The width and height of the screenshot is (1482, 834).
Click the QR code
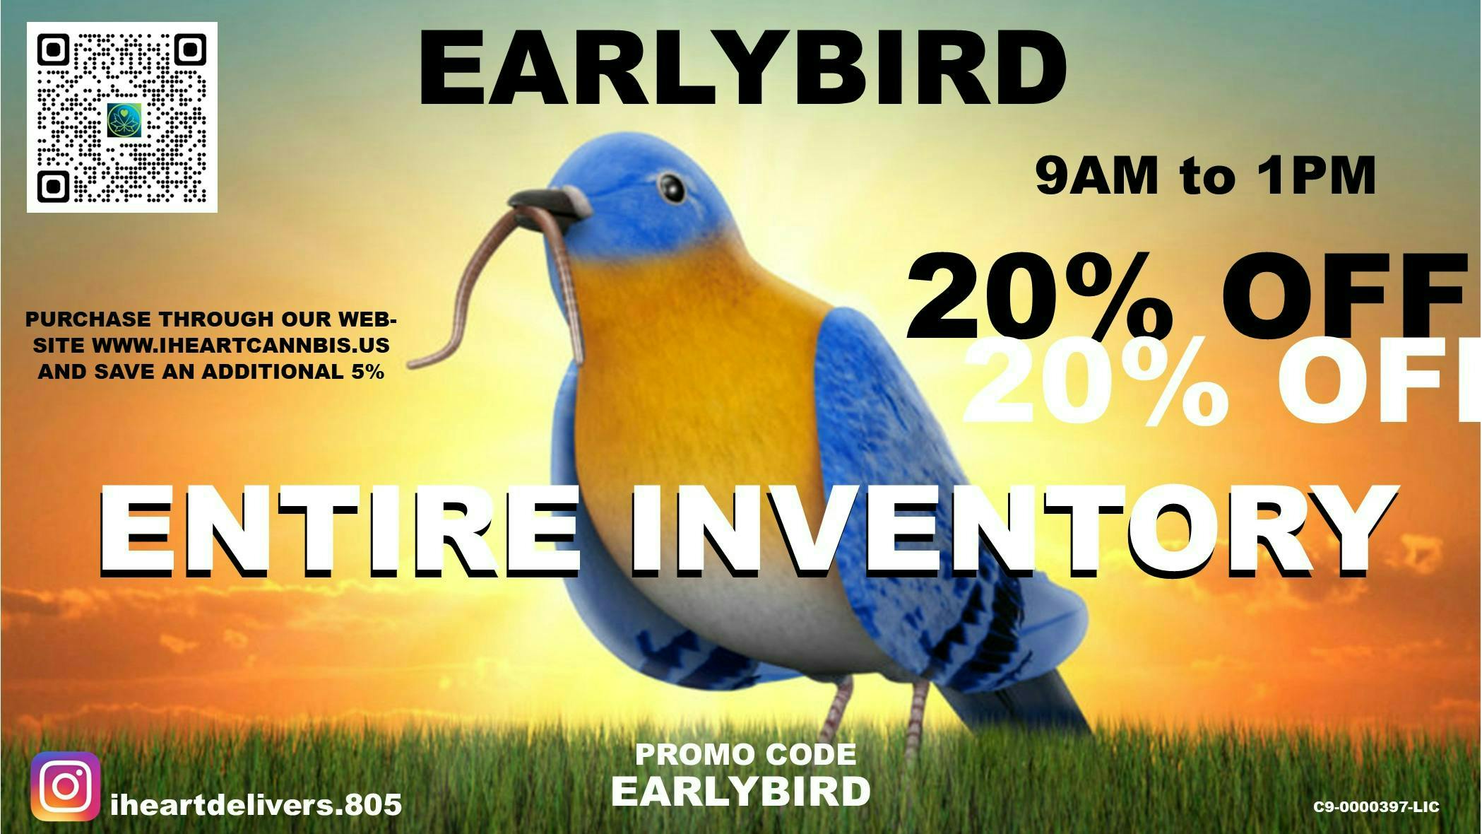[122, 117]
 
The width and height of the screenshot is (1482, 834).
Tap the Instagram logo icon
[65, 786]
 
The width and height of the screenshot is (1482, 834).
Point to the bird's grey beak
[551, 203]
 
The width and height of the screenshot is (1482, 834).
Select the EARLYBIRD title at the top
[742, 71]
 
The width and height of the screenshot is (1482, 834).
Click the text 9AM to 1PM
[1206, 176]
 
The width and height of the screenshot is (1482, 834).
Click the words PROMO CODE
[745, 755]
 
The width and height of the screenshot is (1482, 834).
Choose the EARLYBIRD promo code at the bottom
[740, 792]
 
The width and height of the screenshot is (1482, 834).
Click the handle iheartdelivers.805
[256, 805]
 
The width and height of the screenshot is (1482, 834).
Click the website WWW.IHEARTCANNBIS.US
[240, 346]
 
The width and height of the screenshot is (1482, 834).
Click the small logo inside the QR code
[124, 120]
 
